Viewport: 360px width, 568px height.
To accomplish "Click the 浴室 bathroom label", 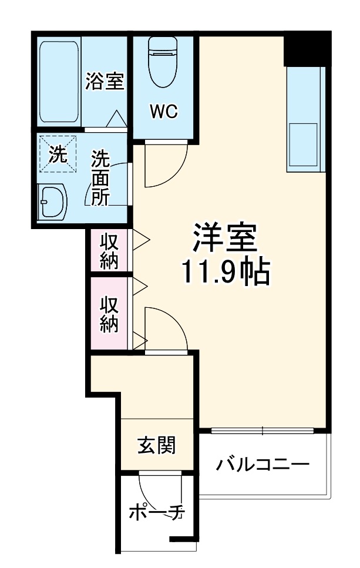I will click(x=105, y=82).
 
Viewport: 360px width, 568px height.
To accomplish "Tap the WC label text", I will click(x=162, y=112).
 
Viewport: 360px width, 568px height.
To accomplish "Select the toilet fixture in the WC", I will click(x=163, y=62).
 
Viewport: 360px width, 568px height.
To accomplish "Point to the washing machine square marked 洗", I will click(x=56, y=154).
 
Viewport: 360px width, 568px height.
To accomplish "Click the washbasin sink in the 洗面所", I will click(x=52, y=203).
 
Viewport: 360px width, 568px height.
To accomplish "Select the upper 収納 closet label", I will click(x=109, y=251).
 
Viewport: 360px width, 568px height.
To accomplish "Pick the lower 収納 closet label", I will click(x=109, y=314).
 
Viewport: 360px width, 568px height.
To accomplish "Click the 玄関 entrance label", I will click(x=156, y=446).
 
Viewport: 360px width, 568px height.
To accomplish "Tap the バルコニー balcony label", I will click(x=262, y=466).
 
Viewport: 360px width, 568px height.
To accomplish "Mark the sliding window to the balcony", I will click(x=263, y=431).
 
